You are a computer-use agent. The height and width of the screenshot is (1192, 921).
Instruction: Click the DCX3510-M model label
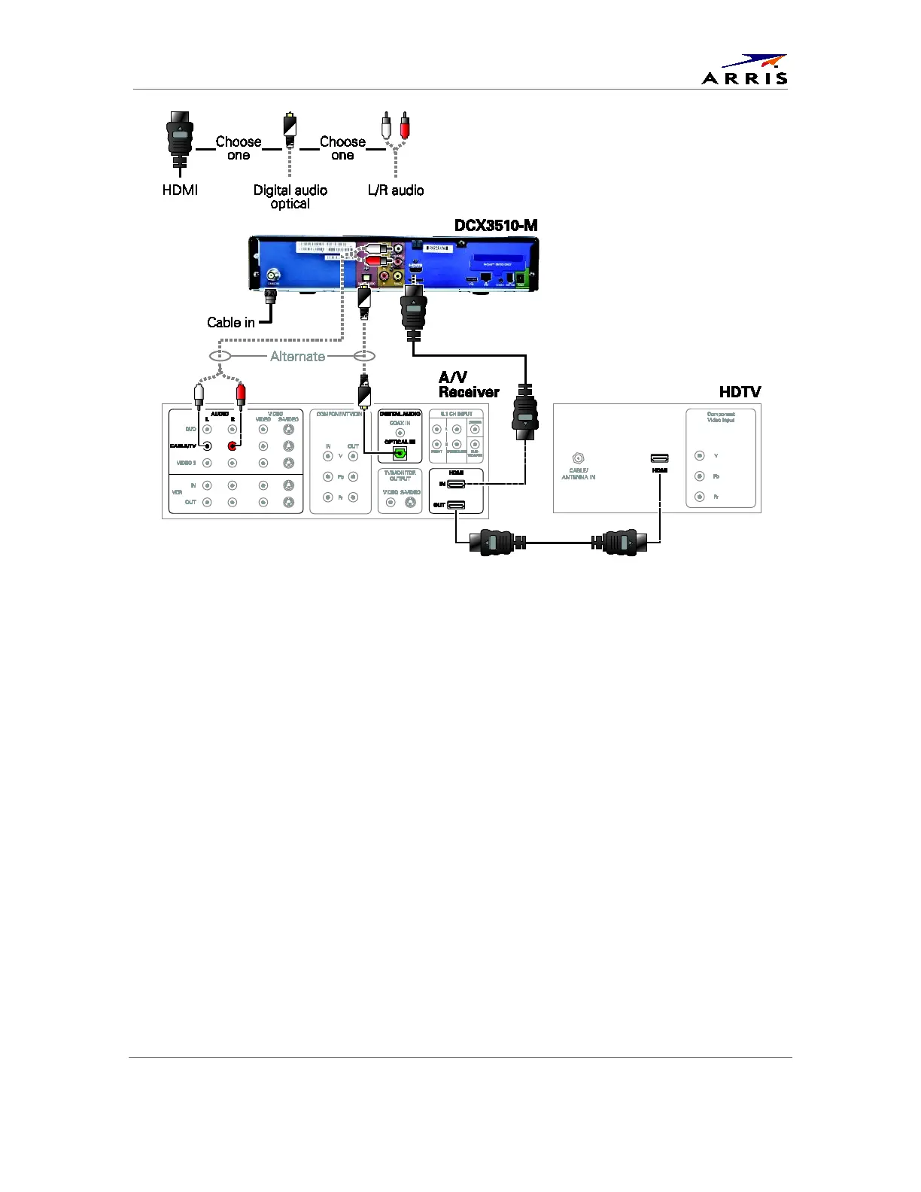click(496, 226)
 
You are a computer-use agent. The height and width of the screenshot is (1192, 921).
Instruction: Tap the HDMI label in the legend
click(180, 190)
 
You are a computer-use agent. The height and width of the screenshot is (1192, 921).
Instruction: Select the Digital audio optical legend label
click(290, 196)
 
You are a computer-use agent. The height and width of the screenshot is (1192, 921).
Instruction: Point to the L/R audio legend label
click(396, 190)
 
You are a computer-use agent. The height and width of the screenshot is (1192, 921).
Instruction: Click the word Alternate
click(298, 357)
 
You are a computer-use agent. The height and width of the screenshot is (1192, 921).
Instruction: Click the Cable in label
click(230, 322)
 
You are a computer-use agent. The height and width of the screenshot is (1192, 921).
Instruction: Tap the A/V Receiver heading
click(468, 385)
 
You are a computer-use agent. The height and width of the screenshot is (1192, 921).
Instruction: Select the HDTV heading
click(740, 391)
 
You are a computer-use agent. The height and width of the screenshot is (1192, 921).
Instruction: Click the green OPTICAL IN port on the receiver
click(400, 453)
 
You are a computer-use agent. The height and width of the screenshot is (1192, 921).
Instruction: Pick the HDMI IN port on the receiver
click(456, 484)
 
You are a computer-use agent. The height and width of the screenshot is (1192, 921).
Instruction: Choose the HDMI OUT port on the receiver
click(456, 505)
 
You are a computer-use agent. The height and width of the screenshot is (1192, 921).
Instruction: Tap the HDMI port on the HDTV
click(659, 458)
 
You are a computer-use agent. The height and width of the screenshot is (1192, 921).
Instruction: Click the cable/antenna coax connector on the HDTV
click(578, 458)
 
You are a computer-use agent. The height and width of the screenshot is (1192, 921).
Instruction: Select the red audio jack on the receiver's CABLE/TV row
click(233, 446)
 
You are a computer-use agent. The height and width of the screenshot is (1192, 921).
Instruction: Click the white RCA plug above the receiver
click(199, 393)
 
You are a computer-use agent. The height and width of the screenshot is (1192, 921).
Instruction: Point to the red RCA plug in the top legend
click(405, 125)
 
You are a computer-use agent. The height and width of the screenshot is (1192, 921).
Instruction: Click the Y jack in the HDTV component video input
click(700, 456)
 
